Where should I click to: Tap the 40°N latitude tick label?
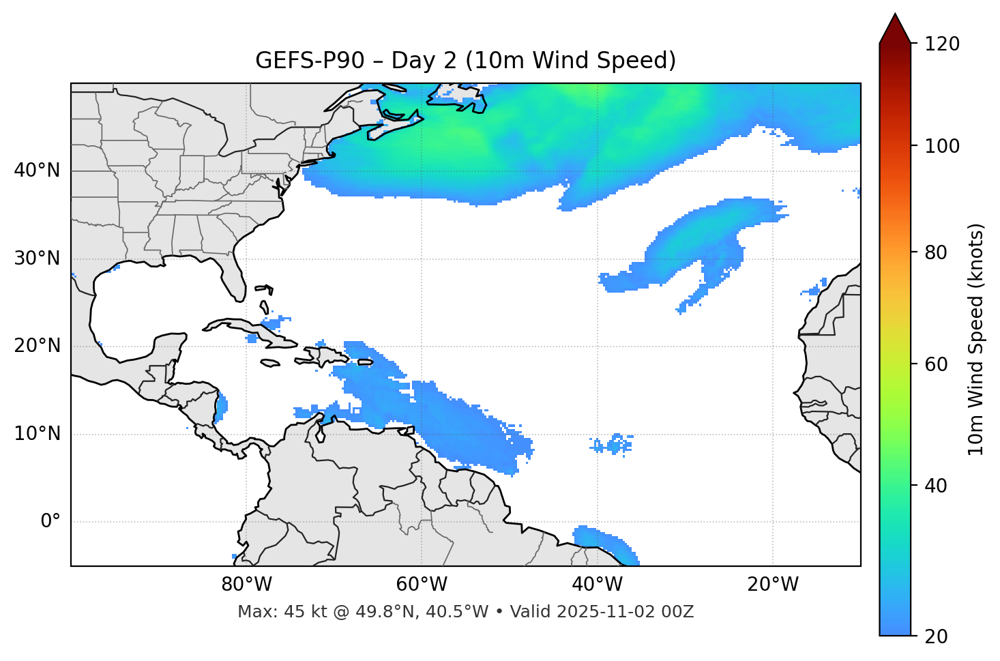[37, 171]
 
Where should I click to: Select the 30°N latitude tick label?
[37, 259]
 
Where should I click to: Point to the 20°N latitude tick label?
[37, 346]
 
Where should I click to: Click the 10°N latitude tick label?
[37, 434]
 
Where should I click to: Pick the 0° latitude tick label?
[50, 522]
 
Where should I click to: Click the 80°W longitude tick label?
[246, 585]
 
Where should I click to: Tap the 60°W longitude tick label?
[422, 585]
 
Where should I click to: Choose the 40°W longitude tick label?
[597, 585]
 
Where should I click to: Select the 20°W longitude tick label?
[773, 585]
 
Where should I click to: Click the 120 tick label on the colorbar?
[942, 44]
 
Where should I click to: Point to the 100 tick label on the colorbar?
[942, 146]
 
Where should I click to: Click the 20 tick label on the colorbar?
[937, 636]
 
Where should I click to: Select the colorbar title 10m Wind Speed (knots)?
[976, 339]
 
